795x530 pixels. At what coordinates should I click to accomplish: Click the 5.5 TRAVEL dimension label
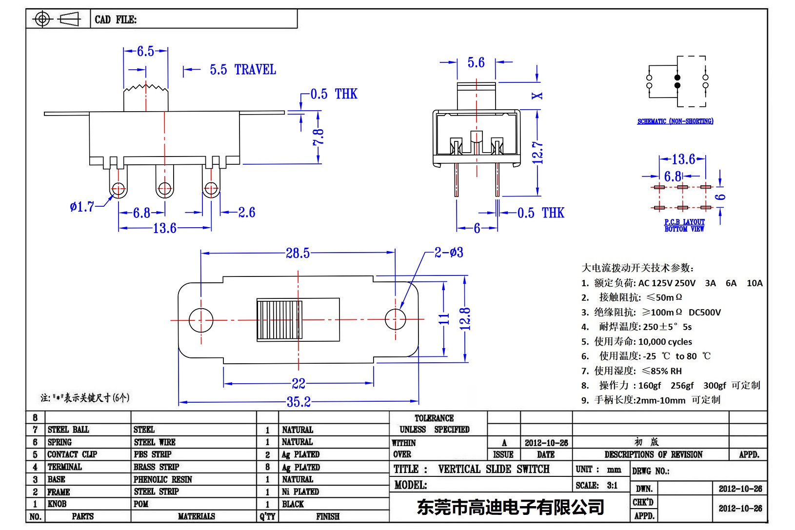243,70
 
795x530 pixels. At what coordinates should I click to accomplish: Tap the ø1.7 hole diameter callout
82,207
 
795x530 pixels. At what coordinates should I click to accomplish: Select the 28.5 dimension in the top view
298,253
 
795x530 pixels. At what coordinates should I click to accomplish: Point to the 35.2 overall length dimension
298,402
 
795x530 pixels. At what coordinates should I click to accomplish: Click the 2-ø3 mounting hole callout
449,253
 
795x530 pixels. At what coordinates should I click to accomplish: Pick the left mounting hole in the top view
200,320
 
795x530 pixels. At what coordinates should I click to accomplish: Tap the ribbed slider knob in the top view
280,320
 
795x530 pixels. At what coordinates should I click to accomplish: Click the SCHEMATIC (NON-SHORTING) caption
675,121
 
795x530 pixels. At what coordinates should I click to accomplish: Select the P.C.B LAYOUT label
684,222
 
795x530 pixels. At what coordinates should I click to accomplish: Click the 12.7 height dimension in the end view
537,153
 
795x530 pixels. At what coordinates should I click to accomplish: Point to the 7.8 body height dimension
318,137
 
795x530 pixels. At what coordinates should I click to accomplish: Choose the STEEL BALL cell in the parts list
68,430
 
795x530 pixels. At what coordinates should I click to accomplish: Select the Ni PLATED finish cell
300,491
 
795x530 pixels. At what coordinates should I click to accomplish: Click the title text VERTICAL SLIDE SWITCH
494,469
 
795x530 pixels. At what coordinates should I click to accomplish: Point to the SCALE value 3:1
612,485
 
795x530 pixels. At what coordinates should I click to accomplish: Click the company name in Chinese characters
510,507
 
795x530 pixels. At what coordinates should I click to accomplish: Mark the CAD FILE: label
116,20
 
